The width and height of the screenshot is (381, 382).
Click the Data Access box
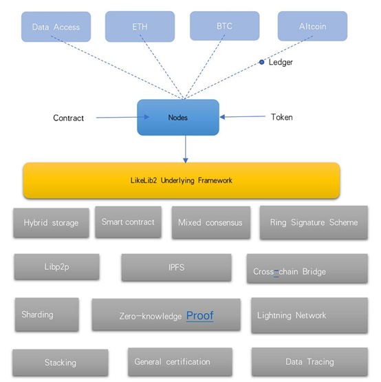[x=56, y=27]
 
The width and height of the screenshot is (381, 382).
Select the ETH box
[x=140, y=26]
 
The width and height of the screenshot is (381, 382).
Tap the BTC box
[x=224, y=26]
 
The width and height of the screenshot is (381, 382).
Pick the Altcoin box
[x=312, y=26]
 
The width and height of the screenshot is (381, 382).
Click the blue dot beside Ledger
[x=262, y=62]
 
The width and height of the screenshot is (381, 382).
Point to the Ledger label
[x=281, y=62]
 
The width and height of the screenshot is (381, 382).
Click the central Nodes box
[x=178, y=118]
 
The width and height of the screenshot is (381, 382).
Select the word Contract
[x=68, y=118]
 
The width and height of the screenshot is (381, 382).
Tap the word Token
[x=282, y=117]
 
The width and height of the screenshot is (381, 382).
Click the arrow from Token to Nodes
[x=243, y=117]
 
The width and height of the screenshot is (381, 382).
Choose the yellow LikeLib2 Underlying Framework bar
[x=182, y=180]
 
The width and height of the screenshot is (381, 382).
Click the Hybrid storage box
[x=51, y=223]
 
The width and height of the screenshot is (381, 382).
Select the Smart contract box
[x=128, y=222]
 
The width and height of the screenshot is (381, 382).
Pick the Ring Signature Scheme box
[x=314, y=222]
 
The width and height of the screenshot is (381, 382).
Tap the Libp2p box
[x=56, y=267]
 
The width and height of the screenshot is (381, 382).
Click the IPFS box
[x=176, y=268]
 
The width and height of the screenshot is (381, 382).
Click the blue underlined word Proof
[x=200, y=316]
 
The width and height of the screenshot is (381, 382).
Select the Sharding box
[x=47, y=315]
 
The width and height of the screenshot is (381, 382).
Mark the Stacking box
[x=61, y=363]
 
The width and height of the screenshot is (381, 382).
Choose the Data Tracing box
[x=309, y=362]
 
